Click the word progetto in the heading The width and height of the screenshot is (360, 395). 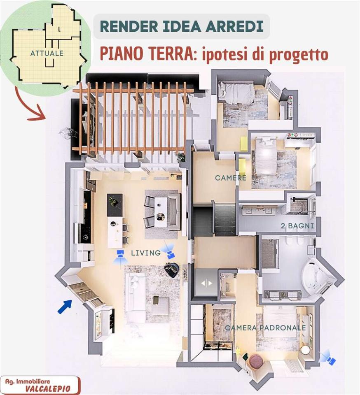pyautogui.click(x=300, y=55)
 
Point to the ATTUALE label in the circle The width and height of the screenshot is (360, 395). pyautogui.click(x=47, y=53)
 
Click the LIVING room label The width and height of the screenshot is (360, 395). pyautogui.click(x=146, y=253)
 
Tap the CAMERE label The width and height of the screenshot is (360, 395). pyautogui.click(x=230, y=178)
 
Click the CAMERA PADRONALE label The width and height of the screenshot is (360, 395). pyautogui.click(x=266, y=328)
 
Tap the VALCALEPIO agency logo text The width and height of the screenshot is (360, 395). pyautogui.click(x=47, y=389)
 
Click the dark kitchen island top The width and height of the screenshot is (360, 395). pyautogui.click(x=115, y=204)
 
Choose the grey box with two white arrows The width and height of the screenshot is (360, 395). pyautogui.click(x=206, y=283)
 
